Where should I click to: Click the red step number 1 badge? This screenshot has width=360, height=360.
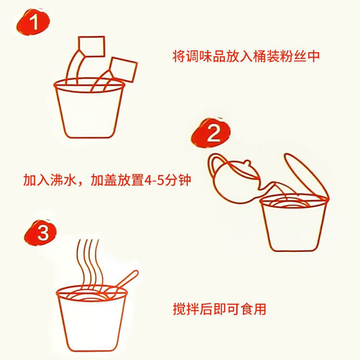33,22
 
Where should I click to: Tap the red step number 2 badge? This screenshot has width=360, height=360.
211,132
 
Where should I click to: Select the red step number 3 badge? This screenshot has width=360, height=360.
41,233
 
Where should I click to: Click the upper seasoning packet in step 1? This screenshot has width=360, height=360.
91,46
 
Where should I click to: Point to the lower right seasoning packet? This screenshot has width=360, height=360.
123,69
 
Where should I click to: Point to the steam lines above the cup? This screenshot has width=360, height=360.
89,262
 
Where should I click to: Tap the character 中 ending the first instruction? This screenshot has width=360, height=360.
313,56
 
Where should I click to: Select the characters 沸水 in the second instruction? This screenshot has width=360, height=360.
63,180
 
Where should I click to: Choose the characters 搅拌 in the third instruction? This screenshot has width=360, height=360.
186,309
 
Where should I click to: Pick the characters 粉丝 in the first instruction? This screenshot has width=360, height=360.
293,56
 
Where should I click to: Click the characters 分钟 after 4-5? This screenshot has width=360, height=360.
178,180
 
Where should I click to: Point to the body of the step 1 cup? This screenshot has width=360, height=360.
89,113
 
